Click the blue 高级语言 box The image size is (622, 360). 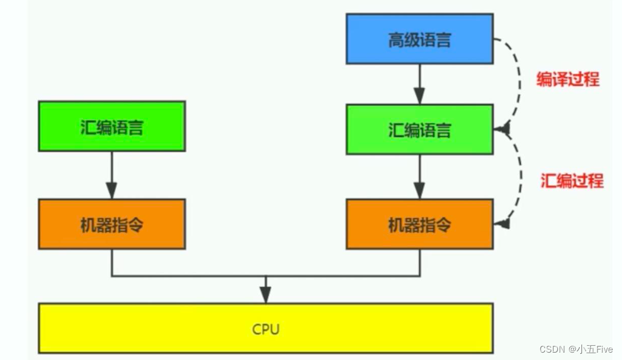coord(419,39)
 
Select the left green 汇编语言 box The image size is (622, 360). coord(111,127)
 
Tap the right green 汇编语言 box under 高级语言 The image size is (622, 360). coord(419,129)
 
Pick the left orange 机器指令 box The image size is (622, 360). coord(111,225)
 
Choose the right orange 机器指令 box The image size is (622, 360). coord(419,225)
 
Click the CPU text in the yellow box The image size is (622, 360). coord(266,329)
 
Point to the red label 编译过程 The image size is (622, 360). coord(567,79)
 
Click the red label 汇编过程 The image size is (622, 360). coord(572,180)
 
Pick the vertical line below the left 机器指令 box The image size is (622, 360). coord(111,262)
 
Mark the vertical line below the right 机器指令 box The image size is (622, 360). coord(420,262)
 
